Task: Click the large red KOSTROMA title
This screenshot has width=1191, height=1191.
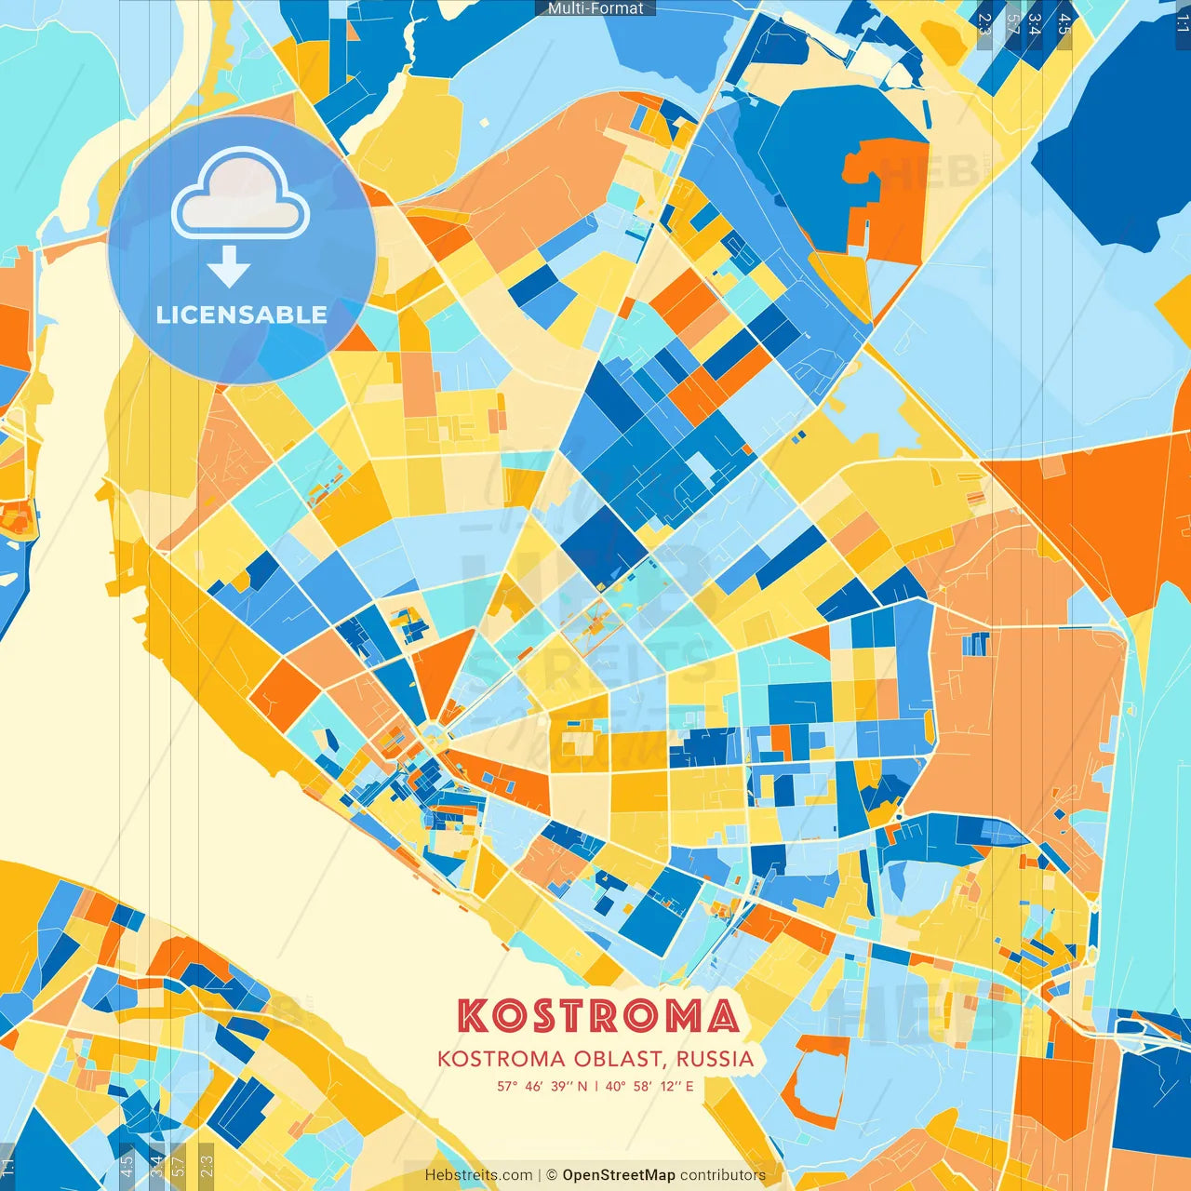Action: tap(597, 1016)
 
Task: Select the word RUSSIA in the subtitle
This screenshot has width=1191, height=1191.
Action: tap(715, 1059)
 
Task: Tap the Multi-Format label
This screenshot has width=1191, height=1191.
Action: tap(595, 8)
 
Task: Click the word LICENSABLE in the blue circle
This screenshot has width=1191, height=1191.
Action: tap(242, 314)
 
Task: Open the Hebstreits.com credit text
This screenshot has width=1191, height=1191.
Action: tap(478, 1175)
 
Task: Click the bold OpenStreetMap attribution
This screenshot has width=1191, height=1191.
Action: tap(618, 1175)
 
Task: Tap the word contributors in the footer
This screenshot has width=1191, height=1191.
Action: tap(723, 1175)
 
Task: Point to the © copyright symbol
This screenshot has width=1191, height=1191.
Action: tap(552, 1175)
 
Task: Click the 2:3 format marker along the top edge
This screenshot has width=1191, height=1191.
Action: tap(984, 23)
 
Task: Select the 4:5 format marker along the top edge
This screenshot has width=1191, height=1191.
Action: tap(1064, 23)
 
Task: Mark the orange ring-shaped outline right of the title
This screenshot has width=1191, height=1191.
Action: tap(813, 1079)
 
